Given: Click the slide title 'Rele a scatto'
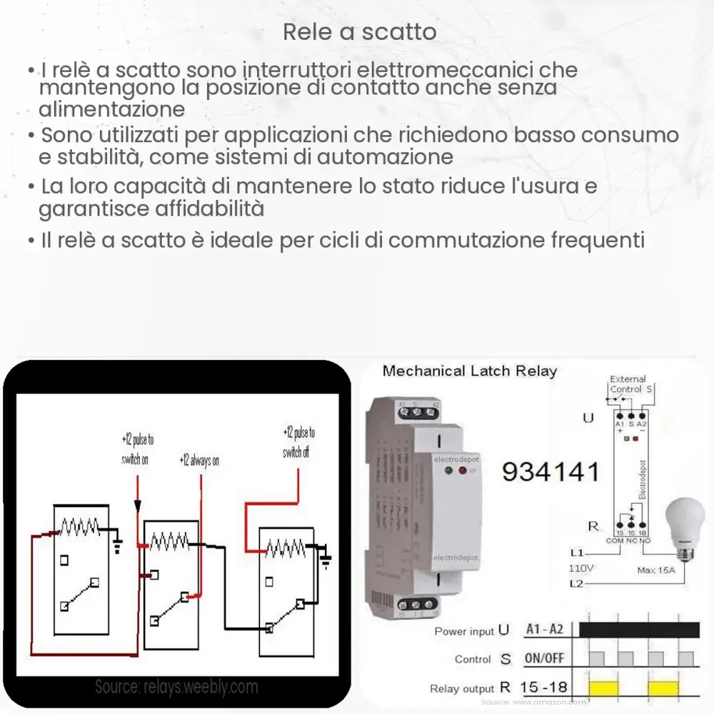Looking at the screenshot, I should pos(360,32).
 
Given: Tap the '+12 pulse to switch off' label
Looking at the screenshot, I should pos(298,443).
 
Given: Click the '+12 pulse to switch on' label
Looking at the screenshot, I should pos(136,449).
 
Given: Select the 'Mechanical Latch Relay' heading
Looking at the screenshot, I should pos(469,371).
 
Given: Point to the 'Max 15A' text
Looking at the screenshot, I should pos(656,570).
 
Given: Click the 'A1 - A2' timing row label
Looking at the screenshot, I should pos(544,629).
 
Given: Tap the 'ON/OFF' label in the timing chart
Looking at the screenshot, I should pos(544,658).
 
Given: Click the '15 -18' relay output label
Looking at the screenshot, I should pos(544,688).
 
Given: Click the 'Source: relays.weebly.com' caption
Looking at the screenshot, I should pos(176,687).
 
